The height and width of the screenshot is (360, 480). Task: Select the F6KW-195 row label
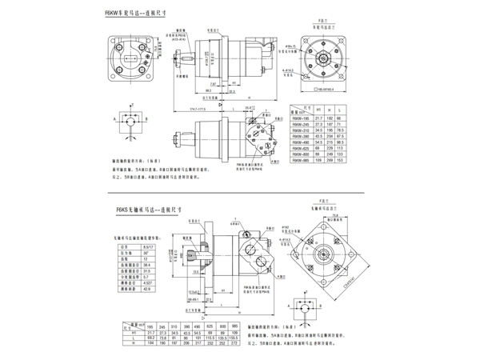pos(301,118)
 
